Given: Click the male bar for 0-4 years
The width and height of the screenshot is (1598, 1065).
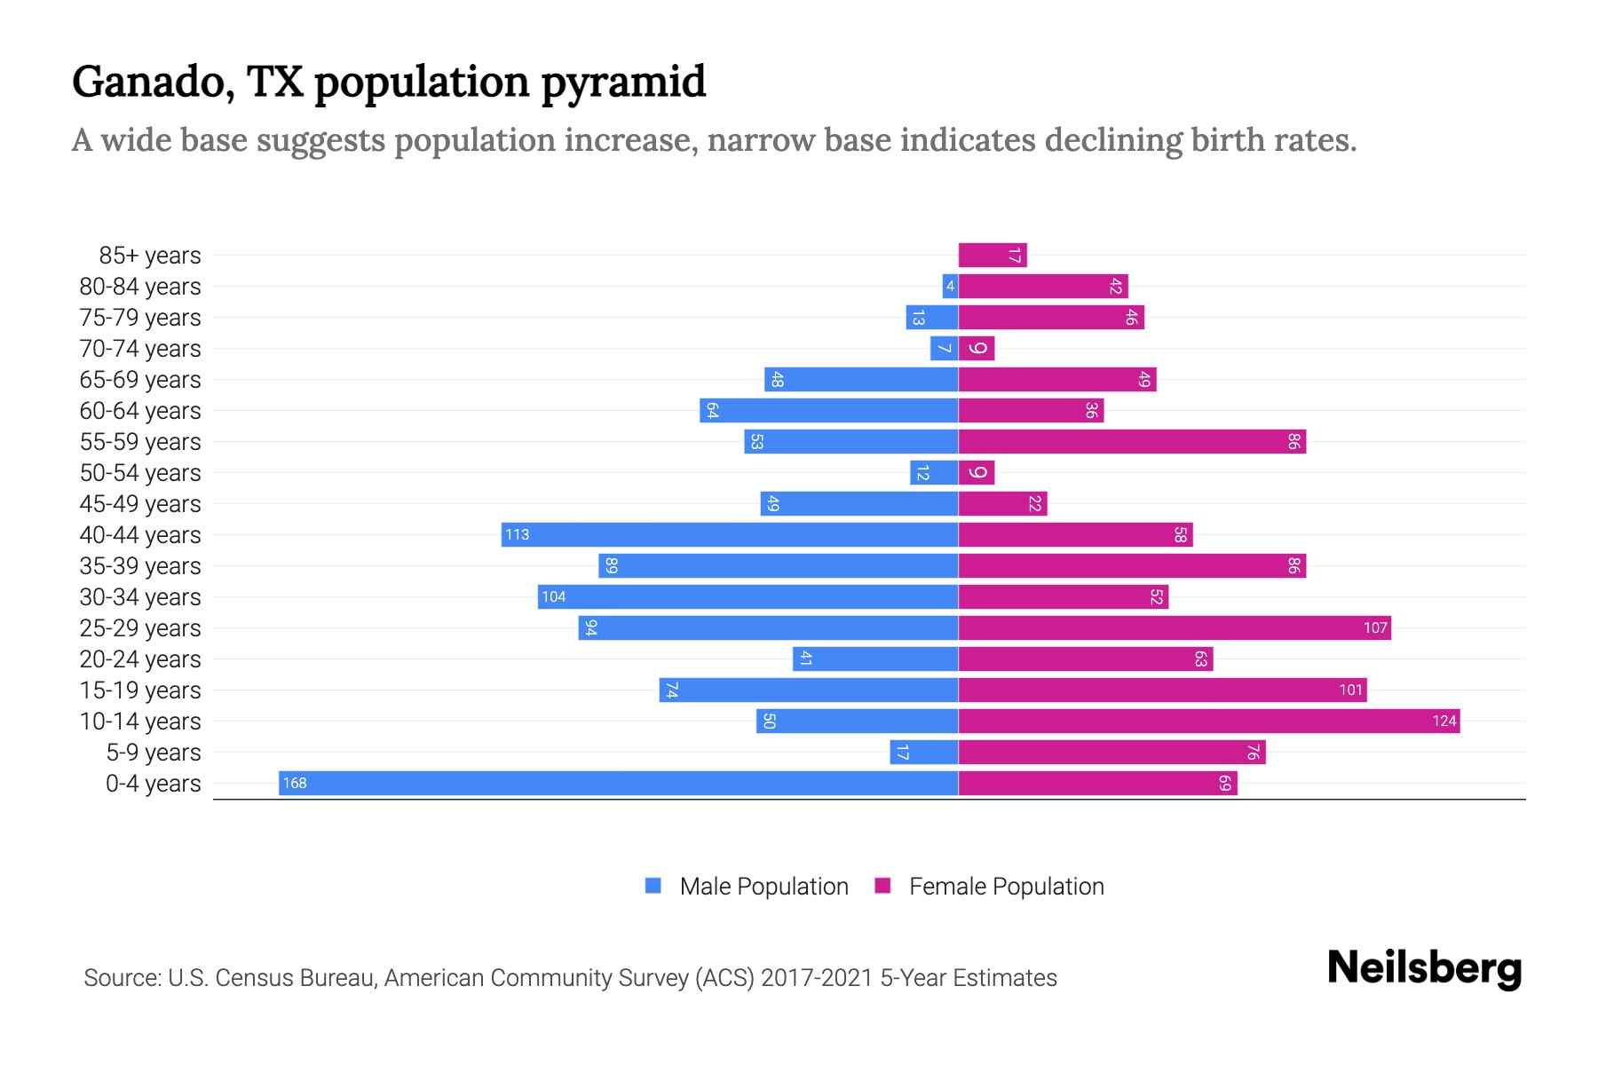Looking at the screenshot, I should (618, 783).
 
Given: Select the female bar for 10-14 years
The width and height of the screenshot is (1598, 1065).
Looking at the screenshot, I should (1209, 721).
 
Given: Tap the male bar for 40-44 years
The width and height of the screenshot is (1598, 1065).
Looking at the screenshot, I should (730, 534).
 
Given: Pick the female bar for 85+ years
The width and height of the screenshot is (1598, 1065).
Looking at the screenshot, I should (993, 255).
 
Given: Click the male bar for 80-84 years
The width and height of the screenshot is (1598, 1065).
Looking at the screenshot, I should (950, 286).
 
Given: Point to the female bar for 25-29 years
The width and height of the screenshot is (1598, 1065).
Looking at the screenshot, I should (1175, 627).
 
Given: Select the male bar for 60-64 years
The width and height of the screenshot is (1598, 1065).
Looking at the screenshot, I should (829, 410).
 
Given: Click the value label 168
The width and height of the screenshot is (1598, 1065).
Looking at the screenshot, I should (295, 783).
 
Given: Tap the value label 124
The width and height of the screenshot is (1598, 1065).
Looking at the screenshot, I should (1444, 721).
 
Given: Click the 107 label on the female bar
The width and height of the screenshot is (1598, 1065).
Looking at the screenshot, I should (1375, 627).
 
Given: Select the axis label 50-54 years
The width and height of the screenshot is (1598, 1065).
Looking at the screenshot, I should (140, 472).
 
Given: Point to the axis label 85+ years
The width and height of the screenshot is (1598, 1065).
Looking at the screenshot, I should (150, 255).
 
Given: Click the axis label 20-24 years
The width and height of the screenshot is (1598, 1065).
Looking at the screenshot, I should (140, 659).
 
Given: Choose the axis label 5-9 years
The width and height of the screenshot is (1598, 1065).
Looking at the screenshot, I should (154, 752).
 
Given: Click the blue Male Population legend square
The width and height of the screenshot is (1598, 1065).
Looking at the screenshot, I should (653, 886).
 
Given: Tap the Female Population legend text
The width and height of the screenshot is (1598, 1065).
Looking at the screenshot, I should (1006, 886).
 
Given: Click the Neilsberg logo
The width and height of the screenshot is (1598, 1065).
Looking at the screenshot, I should (1424, 968).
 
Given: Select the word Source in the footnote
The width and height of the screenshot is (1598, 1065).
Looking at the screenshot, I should (120, 977).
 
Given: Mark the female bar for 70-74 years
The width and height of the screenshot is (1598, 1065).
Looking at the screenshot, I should (977, 348).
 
